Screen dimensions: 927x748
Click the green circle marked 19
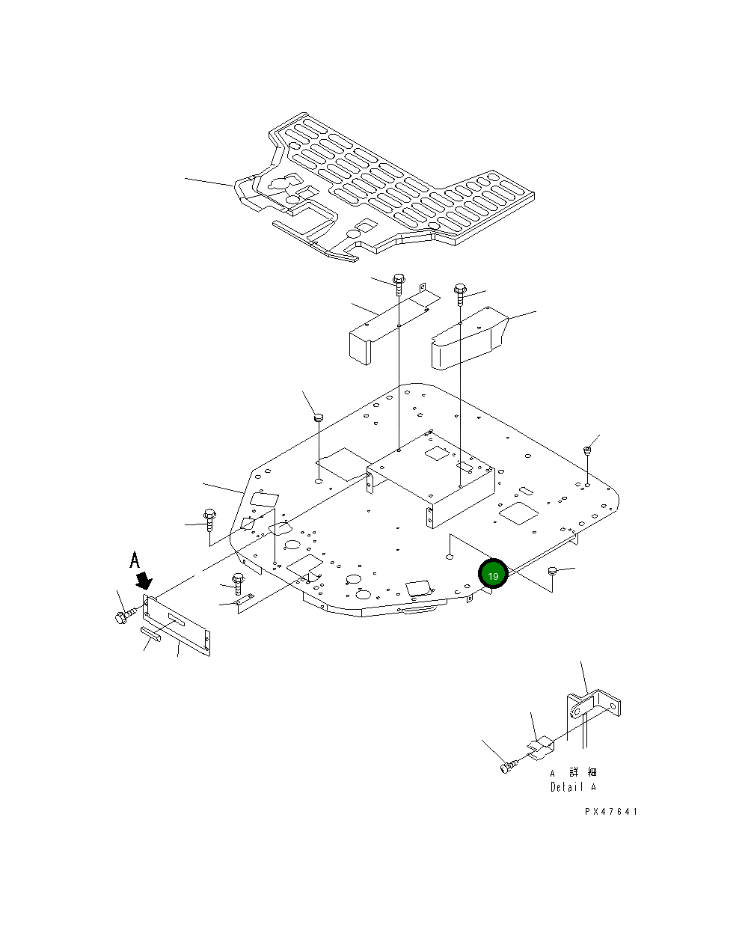[493, 575]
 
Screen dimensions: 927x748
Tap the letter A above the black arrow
[135, 560]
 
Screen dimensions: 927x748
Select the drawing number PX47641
[611, 812]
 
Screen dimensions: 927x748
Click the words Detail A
[574, 787]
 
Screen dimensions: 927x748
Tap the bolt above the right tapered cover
[460, 293]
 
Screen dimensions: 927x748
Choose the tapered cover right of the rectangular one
[467, 340]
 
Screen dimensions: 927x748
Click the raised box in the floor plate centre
[430, 475]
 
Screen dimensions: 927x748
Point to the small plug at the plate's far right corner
[588, 450]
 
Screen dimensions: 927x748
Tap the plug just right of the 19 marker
[554, 572]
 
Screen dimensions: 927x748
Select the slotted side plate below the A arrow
[177, 623]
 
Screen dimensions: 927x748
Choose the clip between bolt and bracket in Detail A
[540, 747]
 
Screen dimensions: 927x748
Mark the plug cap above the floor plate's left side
[318, 417]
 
